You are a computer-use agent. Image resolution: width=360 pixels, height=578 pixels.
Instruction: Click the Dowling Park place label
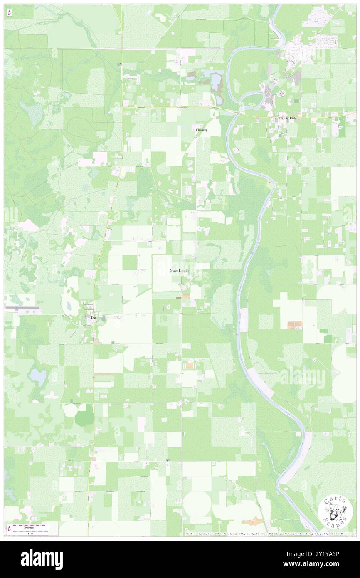coord(284,119)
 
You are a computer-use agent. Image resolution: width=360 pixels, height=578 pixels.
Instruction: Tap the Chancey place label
coord(201,130)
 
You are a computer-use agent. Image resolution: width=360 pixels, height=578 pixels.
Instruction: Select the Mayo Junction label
coord(180,271)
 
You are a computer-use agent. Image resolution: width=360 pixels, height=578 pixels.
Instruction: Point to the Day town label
coord(94,318)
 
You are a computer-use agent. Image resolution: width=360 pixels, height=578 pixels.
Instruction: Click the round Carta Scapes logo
coord(335,513)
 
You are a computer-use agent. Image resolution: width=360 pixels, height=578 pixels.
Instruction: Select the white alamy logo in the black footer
coord(42,559)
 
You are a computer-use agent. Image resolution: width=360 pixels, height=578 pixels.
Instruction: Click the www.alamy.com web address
coord(320,564)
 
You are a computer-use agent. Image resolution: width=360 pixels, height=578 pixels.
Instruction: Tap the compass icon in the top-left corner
coord(9,12)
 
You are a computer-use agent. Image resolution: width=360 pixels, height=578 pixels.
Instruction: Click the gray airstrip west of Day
coord(23,308)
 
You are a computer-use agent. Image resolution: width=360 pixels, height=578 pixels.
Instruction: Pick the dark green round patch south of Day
coord(85,415)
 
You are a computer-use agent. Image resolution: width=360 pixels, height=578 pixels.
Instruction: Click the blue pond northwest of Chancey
coord(216,79)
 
